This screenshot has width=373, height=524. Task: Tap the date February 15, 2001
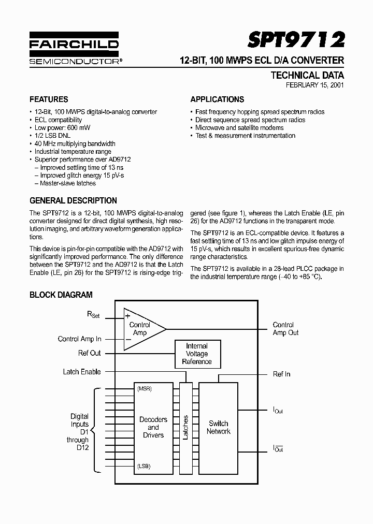point(314,85)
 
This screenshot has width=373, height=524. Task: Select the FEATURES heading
point(49,99)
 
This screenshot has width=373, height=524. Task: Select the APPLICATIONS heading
point(217,99)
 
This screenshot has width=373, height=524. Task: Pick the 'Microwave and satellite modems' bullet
point(239,127)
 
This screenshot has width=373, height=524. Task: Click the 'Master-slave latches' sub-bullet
point(67,183)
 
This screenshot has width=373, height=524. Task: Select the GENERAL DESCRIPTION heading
point(73,200)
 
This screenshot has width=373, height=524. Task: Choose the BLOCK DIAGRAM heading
point(61,295)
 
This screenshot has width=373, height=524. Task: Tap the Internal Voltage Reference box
point(197,354)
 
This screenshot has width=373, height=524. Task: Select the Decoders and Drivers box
point(153,427)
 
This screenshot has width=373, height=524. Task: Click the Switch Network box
point(218,427)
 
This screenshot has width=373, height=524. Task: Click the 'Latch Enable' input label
point(82,372)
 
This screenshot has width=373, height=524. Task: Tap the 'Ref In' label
point(281,374)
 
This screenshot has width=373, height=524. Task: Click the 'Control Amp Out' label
point(285,329)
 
